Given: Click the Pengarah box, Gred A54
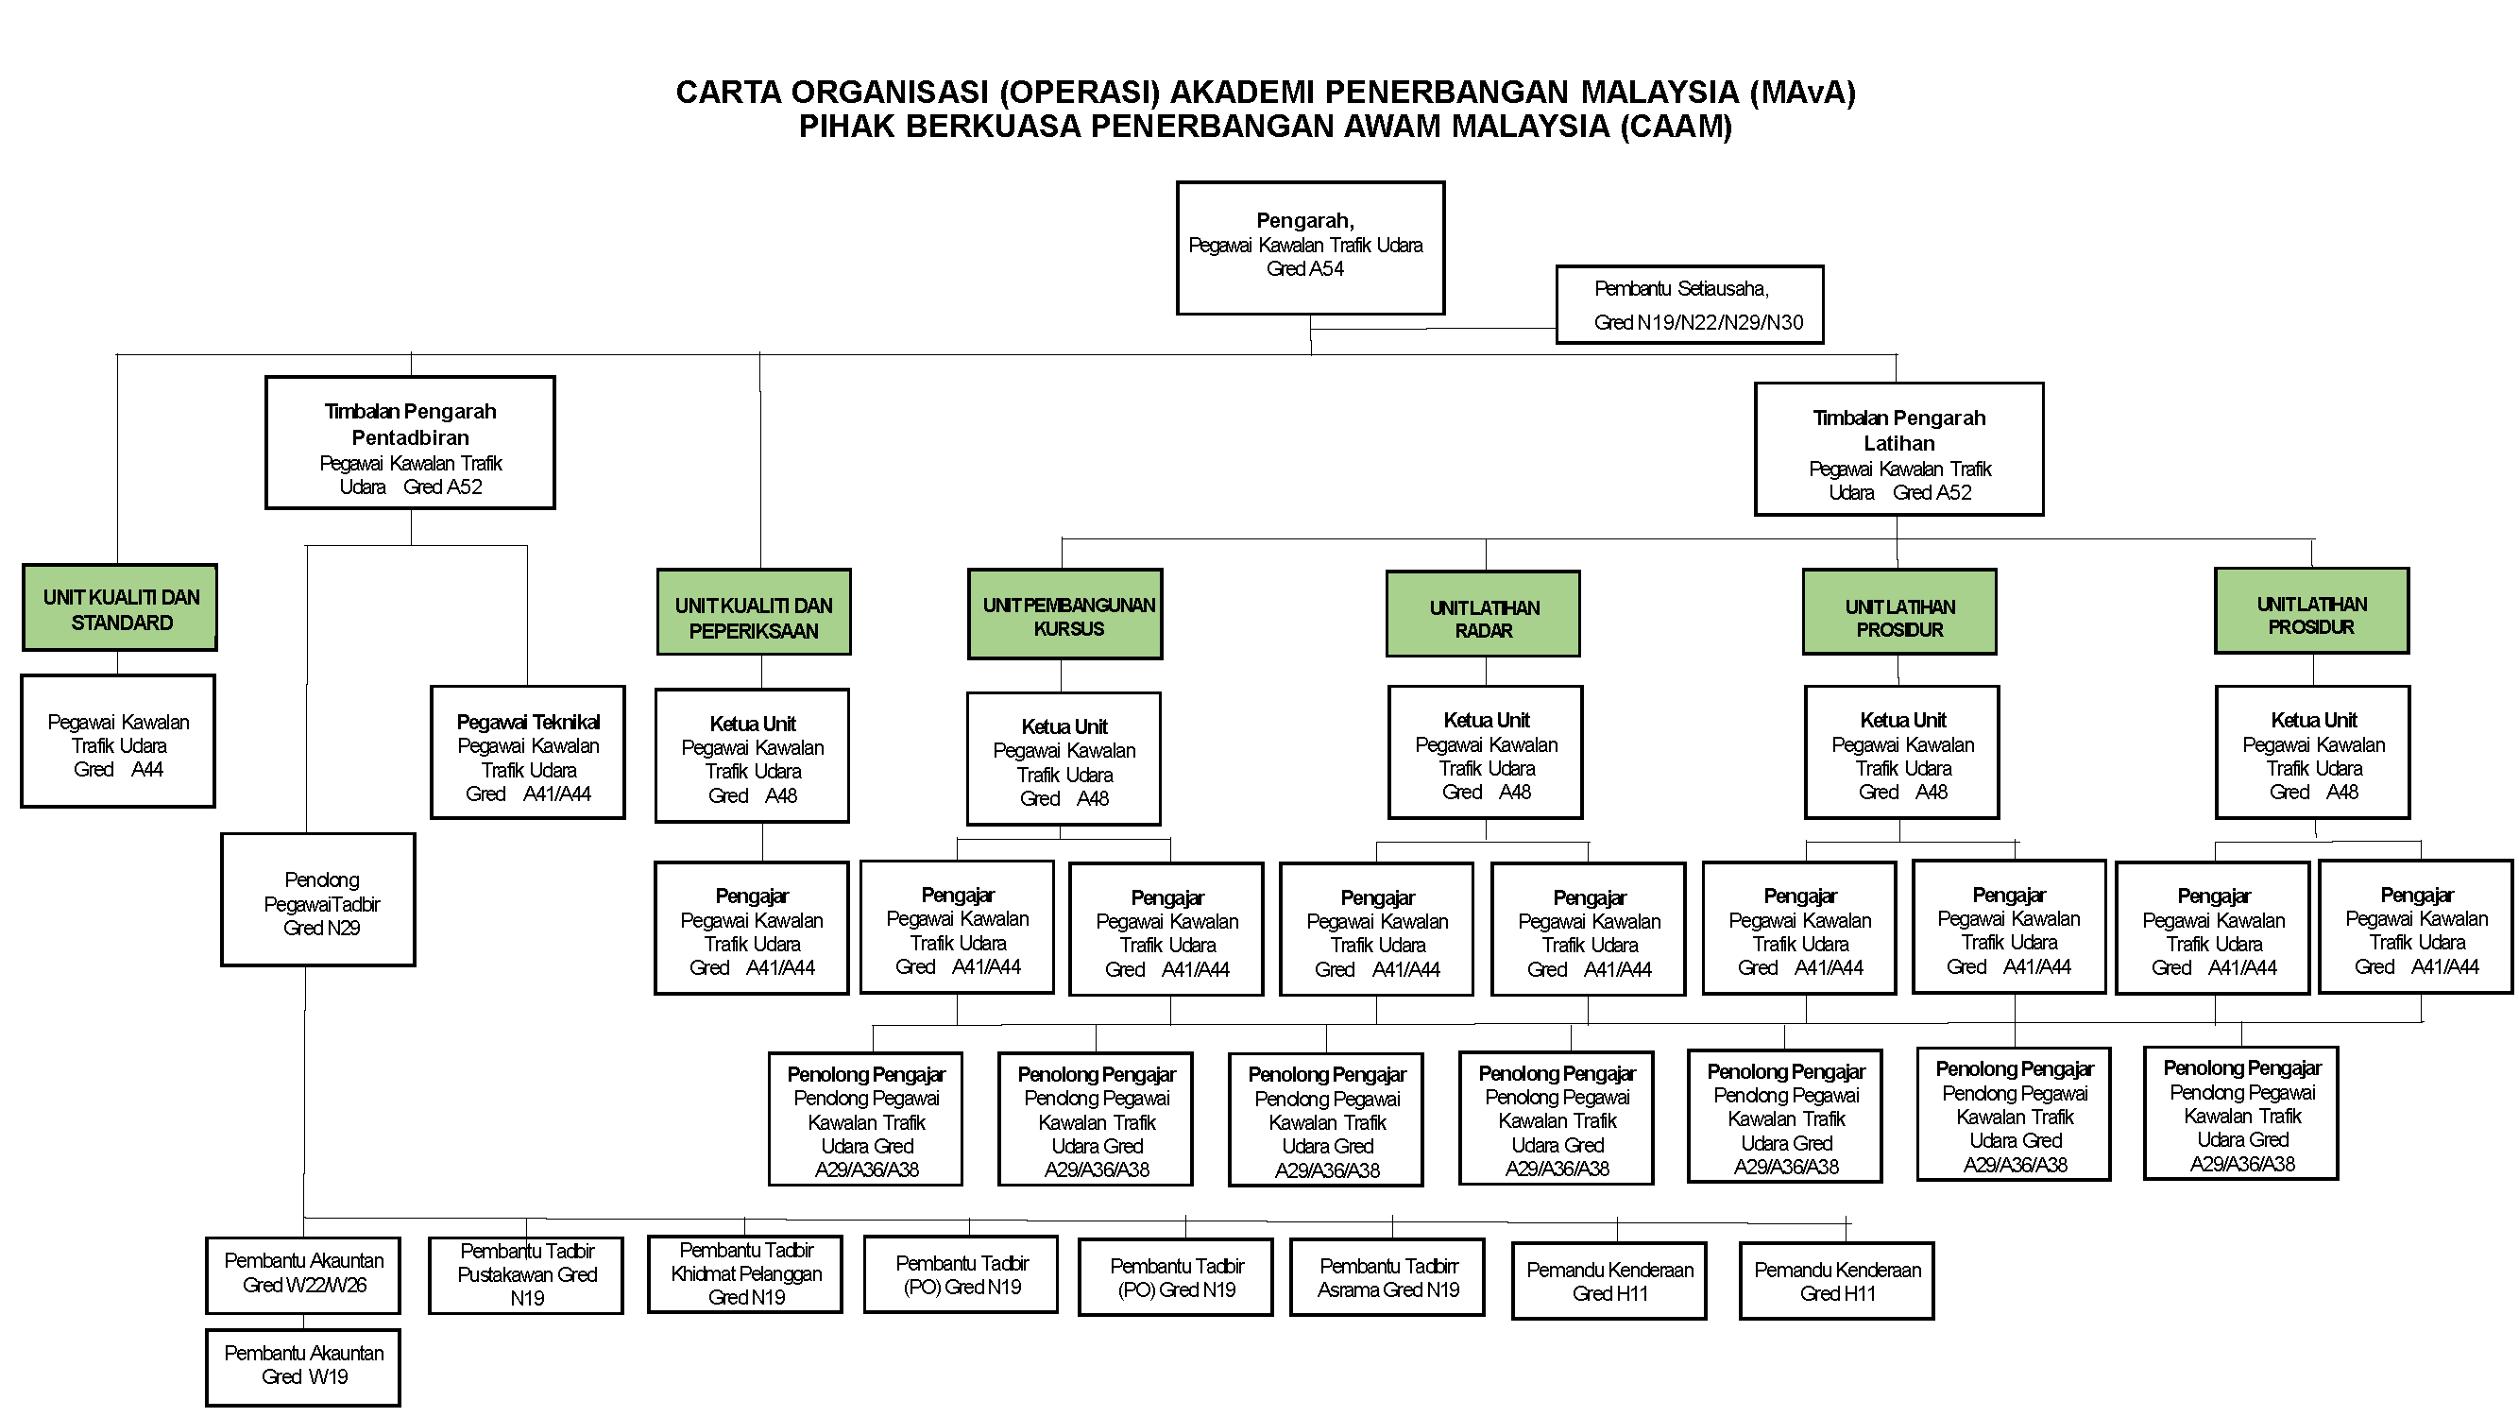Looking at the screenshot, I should (1309, 248).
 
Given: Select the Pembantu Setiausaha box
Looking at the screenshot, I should (1689, 304).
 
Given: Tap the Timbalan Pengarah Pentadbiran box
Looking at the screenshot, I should (410, 443).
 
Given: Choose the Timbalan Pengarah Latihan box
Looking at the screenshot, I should (1898, 449).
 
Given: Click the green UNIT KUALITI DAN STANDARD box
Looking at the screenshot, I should (120, 608).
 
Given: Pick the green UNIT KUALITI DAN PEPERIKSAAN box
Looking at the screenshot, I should (753, 613).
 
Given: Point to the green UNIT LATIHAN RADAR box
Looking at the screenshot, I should (1483, 614).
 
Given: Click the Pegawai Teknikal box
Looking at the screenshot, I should (527, 753).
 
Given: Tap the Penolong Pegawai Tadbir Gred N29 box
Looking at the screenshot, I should (319, 900).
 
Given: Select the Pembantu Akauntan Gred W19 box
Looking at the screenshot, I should (303, 1366).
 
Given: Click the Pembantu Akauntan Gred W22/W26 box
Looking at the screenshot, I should (303, 1275).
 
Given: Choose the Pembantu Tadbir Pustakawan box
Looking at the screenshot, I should (526, 1275).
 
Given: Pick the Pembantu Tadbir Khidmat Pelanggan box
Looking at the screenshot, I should (745, 1274).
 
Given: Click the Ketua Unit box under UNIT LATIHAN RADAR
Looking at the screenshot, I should (1486, 752).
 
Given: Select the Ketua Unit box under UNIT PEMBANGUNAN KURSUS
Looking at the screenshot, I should (1064, 760).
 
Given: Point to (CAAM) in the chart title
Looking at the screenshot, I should (1676, 127).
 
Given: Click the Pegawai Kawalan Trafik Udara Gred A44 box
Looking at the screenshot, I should (118, 742).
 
